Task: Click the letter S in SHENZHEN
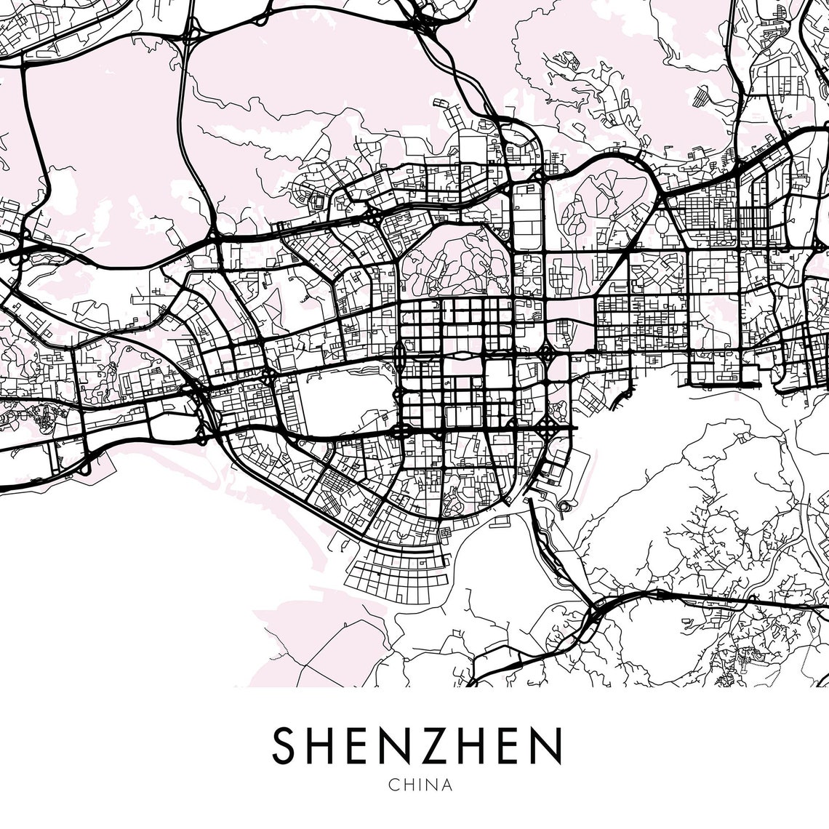coord(285,745)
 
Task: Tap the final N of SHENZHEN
coord(547,745)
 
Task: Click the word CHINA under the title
coord(420,785)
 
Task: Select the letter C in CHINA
coord(393,785)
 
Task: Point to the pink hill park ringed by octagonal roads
coord(454,262)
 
